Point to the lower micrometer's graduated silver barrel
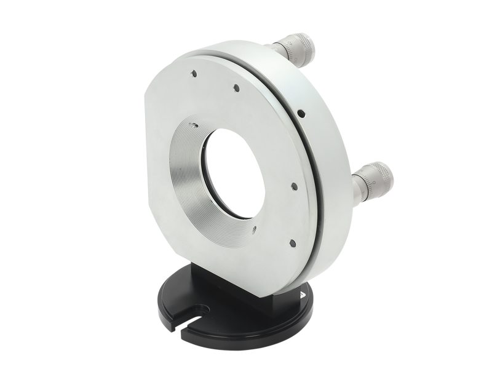(x=362, y=186)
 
